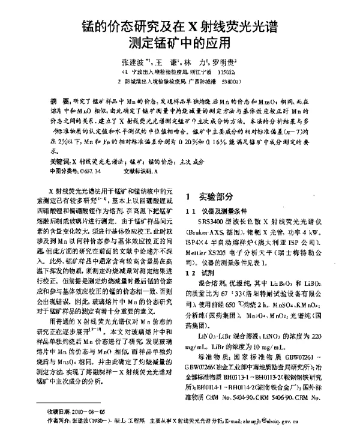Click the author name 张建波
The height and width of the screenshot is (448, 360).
point(132,62)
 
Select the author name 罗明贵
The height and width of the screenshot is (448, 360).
point(222,62)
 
